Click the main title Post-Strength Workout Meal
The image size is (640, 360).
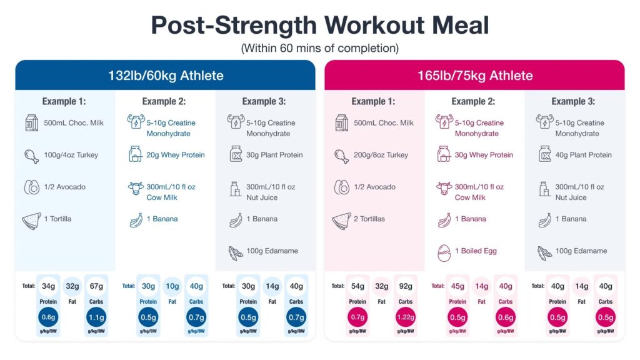tap(320, 26)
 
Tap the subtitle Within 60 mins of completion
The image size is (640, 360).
tap(320, 48)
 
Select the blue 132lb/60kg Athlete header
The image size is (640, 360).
tap(165, 76)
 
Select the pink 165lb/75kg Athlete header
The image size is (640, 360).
tap(474, 76)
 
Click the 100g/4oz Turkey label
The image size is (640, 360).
tap(70, 155)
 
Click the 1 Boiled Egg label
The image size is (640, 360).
tap(476, 251)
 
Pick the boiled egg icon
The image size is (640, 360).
tap(444, 252)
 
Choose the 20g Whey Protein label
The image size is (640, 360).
tap(175, 155)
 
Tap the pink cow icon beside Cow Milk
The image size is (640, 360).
tap(444, 187)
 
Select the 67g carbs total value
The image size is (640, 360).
tap(96, 286)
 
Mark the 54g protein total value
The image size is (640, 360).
tap(357, 286)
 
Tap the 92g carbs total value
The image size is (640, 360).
tap(406, 286)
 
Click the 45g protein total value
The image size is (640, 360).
tap(457, 286)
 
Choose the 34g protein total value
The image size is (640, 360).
tap(48, 286)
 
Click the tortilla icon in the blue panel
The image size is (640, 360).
tap(31, 221)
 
